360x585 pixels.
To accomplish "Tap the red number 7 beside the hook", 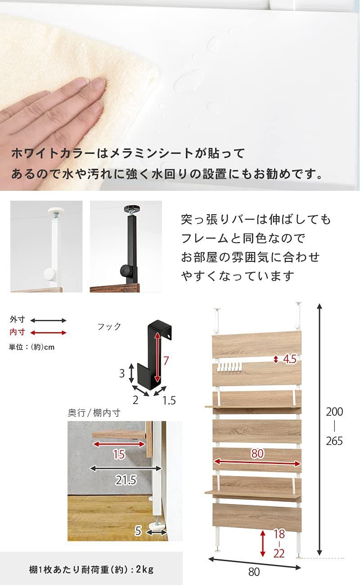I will point(166,360).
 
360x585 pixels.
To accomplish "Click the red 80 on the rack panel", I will point(257,454).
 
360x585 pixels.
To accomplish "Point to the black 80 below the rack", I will point(254,572).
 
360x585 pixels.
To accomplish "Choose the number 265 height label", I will point(334,441).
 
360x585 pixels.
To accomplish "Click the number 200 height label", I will point(334,411).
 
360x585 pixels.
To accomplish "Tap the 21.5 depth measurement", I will point(126,480).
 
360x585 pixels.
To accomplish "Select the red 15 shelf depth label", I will point(119,454).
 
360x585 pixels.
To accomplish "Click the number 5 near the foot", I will point(138,531).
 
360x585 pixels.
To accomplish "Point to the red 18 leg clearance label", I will point(279,534).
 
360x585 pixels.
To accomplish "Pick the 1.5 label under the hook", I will point(169,400).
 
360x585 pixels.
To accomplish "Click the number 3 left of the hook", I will point(121,373).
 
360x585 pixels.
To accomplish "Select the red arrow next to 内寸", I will point(48,333).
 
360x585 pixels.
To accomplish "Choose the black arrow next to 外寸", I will point(48,320).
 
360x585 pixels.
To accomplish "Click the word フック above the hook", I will point(109,327).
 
